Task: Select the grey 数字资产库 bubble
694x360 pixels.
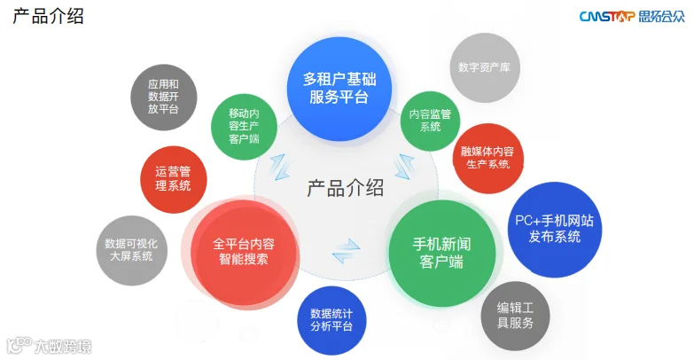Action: pos(485,67)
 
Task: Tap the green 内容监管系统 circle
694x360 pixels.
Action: pos(430,120)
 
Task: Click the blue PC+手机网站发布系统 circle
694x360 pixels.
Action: pos(554,228)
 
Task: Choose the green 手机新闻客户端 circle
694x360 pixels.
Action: pos(441,253)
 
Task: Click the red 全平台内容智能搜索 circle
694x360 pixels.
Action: pos(244,251)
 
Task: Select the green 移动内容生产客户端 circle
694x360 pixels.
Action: pos(243,126)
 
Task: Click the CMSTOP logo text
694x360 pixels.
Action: pos(606,16)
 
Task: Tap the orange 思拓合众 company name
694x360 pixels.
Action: pos(660,16)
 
